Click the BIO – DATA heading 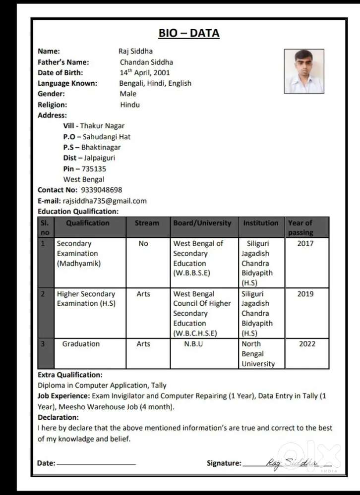[x=189, y=33]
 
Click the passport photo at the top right [x=304, y=71]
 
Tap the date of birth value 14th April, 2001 [x=145, y=73]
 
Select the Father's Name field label [x=63, y=62]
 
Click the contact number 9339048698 [x=101, y=190]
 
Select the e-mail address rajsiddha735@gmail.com [x=105, y=201]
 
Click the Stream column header [x=147, y=223]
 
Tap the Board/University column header [x=202, y=223]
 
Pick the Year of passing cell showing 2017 [x=305, y=244]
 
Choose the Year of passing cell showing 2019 [x=305, y=294]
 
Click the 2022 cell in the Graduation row [x=307, y=344]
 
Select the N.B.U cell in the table [x=193, y=344]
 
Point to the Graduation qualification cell [x=81, y=344]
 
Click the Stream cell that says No [x=143, y=244]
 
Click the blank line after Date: [x=96, y=464]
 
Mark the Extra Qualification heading [x=70, y=375]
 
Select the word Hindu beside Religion [x=130, y=105]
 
